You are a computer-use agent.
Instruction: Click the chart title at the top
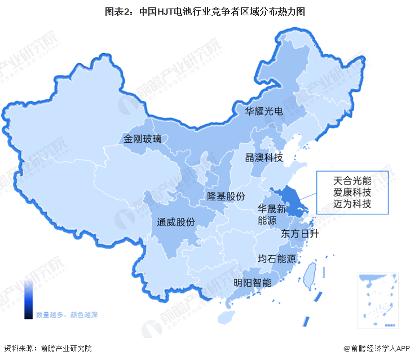point(205,11)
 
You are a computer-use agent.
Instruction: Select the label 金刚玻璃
point(143,138)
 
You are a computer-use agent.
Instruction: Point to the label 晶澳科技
point(263,157)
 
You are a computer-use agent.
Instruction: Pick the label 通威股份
point(176,222)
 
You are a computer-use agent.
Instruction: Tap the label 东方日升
point(299,234)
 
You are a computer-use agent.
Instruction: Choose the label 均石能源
point(277,259)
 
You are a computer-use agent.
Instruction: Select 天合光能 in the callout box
point(352,181)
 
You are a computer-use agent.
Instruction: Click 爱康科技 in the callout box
point(352,192)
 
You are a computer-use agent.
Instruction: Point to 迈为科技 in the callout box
point(352,204)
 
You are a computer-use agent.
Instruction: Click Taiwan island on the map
point(309,276)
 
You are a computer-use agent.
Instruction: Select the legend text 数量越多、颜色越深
point(67,314)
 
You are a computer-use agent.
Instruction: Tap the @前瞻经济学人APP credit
point(375,348)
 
